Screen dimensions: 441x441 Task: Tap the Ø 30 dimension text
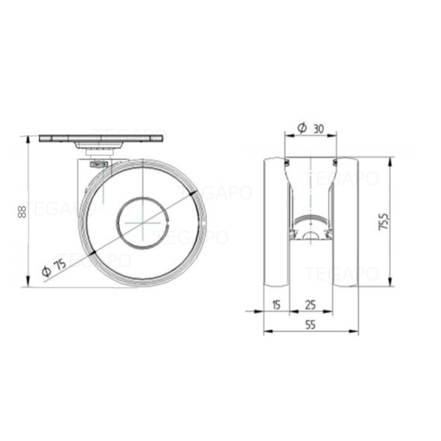point(311,128)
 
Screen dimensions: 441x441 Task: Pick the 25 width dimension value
point(310,305)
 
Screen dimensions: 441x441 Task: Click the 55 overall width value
point(310,324)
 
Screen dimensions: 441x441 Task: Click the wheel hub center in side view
point(142,222)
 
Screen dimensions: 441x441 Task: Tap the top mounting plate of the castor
point(101,138)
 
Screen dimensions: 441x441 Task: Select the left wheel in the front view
point(276,221)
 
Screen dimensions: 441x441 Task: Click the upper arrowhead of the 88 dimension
point(28,138)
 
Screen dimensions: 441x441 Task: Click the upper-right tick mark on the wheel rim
point(192,194)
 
